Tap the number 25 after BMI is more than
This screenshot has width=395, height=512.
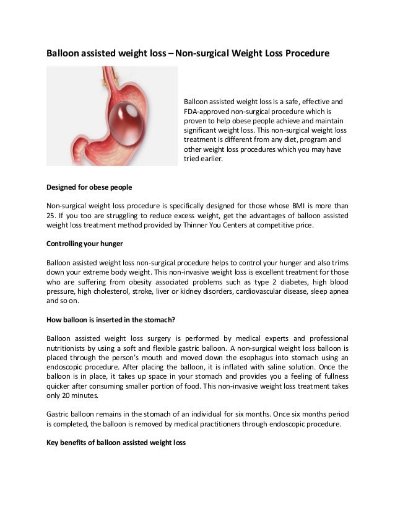point(51,216)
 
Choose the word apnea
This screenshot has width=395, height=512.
point(337,291)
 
